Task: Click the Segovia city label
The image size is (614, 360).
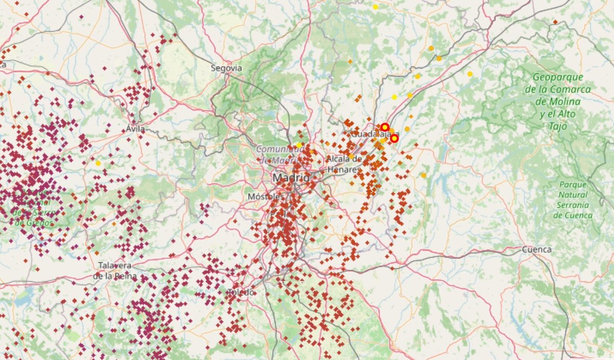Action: [x=226, y=68]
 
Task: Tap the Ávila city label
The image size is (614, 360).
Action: [x=135, y=130]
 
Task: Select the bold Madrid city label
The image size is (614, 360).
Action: [x=291, y=178]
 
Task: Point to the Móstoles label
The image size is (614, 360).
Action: [x=265, y=197]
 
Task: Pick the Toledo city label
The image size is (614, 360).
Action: [x=241, y=292]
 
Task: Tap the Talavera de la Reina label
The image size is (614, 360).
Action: [x=115, y=271]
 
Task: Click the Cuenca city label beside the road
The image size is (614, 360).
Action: [x=537, y=249]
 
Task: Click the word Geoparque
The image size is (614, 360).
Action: [x=558, y=78]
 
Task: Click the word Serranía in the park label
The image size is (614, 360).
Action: [x=573, y=205]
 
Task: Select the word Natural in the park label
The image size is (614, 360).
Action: [x=573, y=195]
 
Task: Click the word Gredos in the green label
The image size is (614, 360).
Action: [x=39, y=223]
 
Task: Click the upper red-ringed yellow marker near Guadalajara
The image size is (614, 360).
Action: [x=385, y=127]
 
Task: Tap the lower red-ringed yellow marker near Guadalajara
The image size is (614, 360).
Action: [x=394, y=138]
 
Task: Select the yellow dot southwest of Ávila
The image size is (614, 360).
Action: [x=98, y=163]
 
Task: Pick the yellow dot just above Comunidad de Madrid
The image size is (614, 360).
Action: [x=299, y=145]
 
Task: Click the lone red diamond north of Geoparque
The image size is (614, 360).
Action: [x=555, y=22]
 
